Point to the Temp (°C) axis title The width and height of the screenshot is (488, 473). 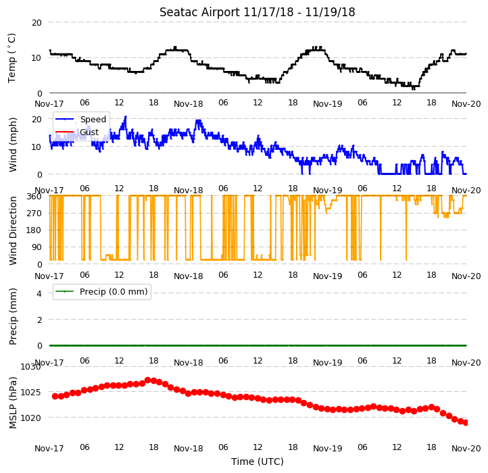(x=11, y=58)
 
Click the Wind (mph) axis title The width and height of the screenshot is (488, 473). (x=12, y=145)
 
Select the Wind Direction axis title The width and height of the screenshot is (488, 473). (x=12, y=230)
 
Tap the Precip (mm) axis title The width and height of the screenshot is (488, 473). (x=12, y=316)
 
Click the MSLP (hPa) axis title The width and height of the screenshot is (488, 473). (x=12, y=403)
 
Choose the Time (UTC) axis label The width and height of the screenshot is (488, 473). (x=258, y=461)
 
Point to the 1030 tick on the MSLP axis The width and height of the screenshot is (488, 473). (x=30, y=366)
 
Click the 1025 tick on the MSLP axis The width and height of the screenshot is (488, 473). (x=30, y=392)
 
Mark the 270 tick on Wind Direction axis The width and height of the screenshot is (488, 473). (x=35, y=213)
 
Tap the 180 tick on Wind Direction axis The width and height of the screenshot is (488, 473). (x=35, y=230)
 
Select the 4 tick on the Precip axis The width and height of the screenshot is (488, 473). (x=39, y=293)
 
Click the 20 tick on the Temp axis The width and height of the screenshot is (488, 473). (x=36, y=23)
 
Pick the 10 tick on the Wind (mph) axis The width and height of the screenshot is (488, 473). (x=36, y=147)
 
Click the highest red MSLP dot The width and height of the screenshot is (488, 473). (x=148, y=380)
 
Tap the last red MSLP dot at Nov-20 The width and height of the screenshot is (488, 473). (x=466, y=422)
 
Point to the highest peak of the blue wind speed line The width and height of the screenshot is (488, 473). (x=126, y=117)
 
